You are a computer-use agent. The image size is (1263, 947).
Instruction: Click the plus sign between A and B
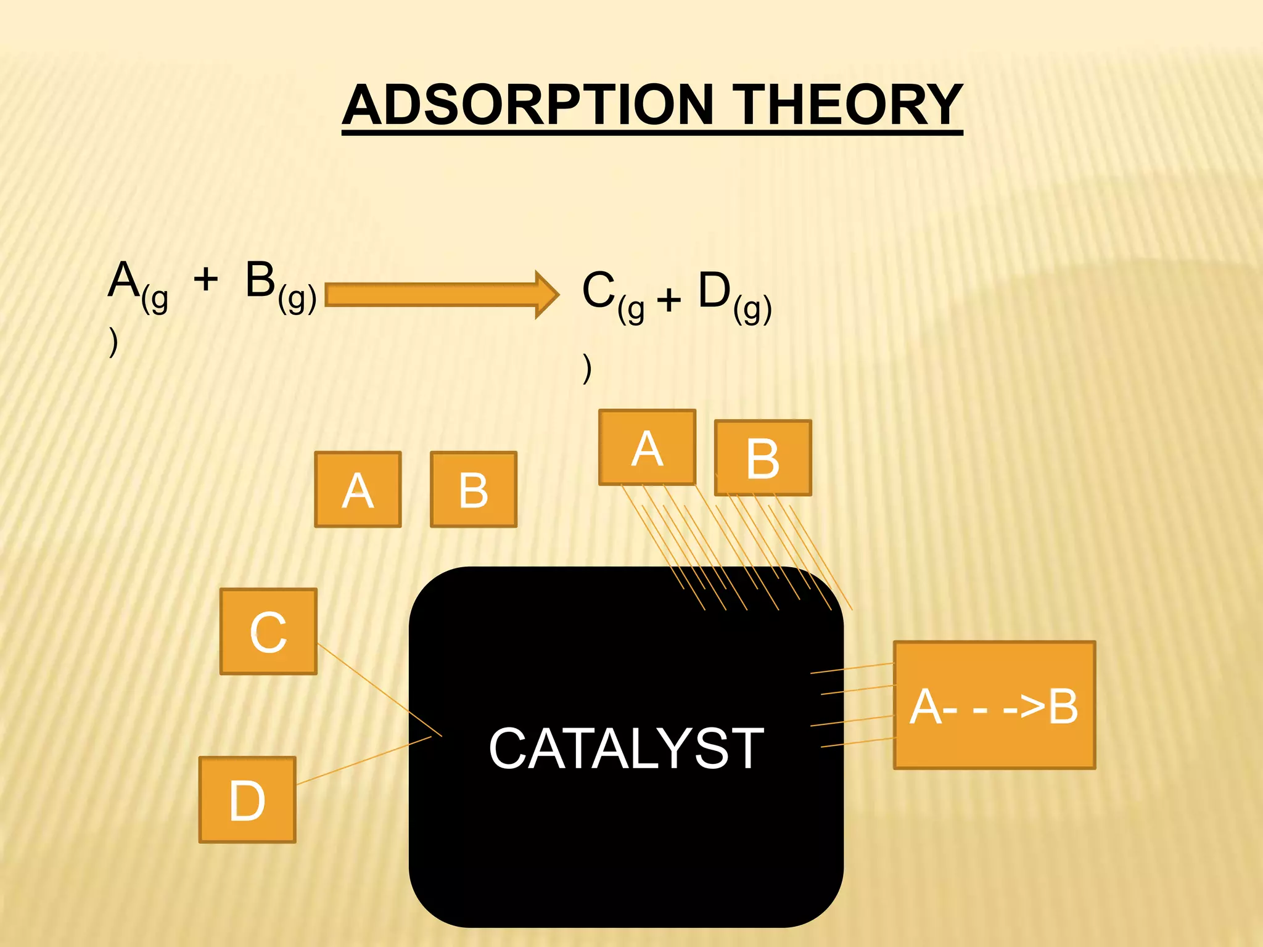pos(206,279)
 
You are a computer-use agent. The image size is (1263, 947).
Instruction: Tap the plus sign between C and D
pos(669,301)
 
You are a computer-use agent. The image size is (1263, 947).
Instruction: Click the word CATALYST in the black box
pos(626,748)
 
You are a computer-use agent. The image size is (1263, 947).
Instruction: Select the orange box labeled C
pos(268,631)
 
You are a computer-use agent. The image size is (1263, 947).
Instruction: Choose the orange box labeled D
pos(247,800)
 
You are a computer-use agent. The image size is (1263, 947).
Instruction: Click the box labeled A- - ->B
pos(994,705)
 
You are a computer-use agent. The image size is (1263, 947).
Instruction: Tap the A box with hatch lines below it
pos(647,448)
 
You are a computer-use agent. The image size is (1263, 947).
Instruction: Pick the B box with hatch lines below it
pos(763,458)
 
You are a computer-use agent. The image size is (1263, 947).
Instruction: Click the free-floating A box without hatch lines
pos(358,490)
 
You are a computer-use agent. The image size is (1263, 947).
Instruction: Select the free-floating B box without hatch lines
pos(473,490)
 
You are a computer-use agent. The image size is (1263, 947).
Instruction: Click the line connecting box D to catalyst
pos(364,760)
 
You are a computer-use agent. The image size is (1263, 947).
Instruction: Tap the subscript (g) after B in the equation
pos(297,298)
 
